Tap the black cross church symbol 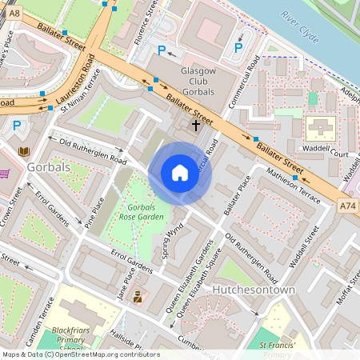click(196, 126)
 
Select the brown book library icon click(24, 150)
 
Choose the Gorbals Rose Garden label click(145, 212)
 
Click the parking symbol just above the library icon click(17, 126)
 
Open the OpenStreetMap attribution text click(80, 354)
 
